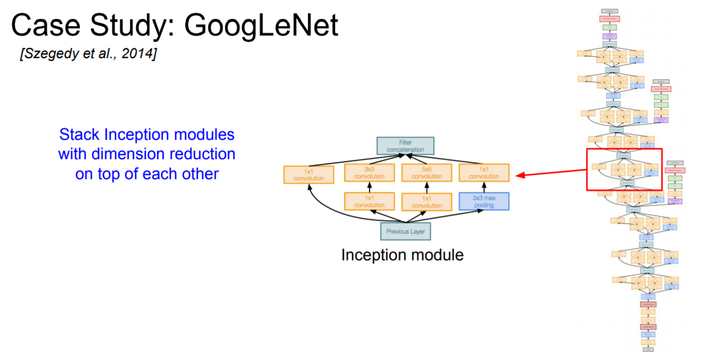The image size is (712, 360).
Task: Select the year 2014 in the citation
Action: click(138, 54)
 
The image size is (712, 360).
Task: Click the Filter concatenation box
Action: click(405, 146)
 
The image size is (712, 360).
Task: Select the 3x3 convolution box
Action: click(369, 173)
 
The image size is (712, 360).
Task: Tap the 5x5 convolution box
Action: click(426, 173)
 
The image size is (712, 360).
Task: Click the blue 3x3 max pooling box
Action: click(484, 201)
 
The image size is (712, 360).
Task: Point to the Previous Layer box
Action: click(406, 231)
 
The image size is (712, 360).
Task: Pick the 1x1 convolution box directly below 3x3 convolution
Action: click(369, 201)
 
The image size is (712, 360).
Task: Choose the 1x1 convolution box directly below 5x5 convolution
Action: click(426, 201)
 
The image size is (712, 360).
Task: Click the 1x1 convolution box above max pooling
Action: click(484, 173)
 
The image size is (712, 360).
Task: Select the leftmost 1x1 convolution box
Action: click(309, 175)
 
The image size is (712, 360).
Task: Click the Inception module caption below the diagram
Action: click(402, 255)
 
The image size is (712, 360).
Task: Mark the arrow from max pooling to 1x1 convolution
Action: click(484, 186)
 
